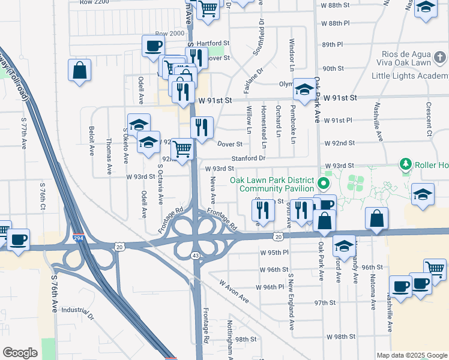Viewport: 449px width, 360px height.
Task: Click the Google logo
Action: tap(20, 353)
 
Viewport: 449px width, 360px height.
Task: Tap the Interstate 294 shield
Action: tap(77, 238)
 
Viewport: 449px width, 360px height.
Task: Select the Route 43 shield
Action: tap(196, 256)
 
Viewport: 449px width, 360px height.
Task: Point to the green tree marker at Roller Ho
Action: tap(406, 164)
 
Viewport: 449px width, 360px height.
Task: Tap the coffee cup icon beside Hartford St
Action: tap(152, 46)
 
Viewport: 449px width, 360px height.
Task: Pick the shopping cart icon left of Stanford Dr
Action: tap(182, 148)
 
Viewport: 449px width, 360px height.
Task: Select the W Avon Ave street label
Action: tap(234, 290)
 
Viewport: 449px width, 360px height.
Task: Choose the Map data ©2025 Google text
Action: tap(411, 355)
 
